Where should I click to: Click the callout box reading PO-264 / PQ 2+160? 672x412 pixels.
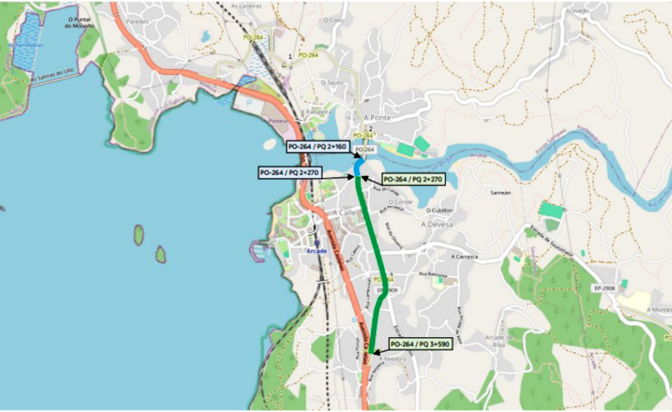point(317,147)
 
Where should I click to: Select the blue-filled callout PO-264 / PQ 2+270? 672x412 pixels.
point(291,173)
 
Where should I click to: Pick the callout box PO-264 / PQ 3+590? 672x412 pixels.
point(420,343)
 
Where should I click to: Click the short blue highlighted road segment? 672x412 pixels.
point(357,168)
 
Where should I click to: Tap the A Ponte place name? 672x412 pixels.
point(377,117)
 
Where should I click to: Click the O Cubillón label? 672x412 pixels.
point(440,210)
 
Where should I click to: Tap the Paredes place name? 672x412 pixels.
point(137,21)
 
